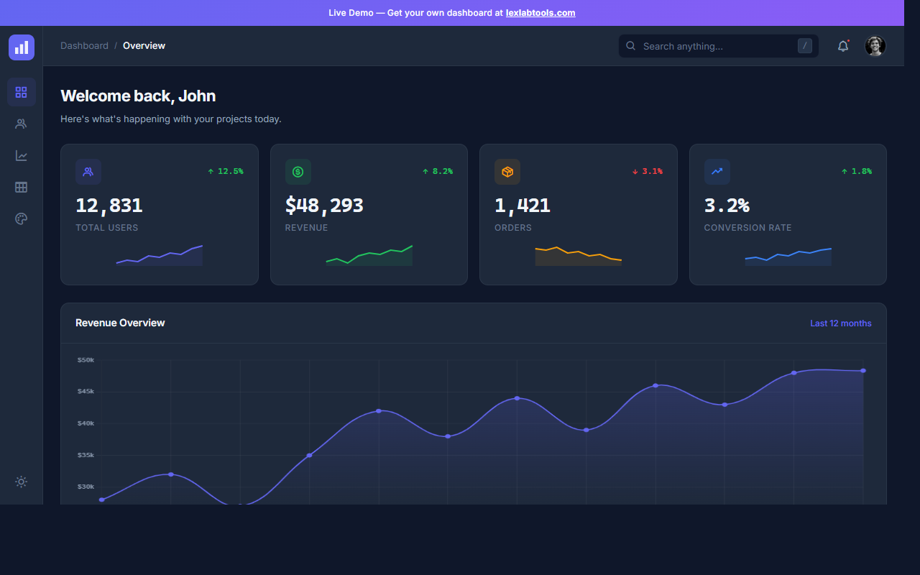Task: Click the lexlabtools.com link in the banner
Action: (x=540, y=13)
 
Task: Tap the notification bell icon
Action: (x=843, y=46)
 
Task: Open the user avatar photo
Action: (x=875, y=46)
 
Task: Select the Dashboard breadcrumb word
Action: (x=84, y=46)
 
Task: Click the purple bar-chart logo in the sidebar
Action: (x=22, y=47)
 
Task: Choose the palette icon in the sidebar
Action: (x=22, y=219)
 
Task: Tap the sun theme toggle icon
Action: (x=22, y=482)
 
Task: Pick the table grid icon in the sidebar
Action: (x=22, y=188)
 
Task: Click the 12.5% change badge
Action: (x=225, y=171)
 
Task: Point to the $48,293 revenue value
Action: (x=324, y=206)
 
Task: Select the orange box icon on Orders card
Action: (x=507, y=172)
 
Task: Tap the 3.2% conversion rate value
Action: (x=727, y=206)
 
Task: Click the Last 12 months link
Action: (x=840, y=323)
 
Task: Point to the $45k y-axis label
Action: (x=86, y=392)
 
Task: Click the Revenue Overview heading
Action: (x=120, y=323)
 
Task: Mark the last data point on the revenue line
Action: (x=863, y=371)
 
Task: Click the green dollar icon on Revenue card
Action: (x=298, y=172)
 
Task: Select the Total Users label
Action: (x=107, y=228)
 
